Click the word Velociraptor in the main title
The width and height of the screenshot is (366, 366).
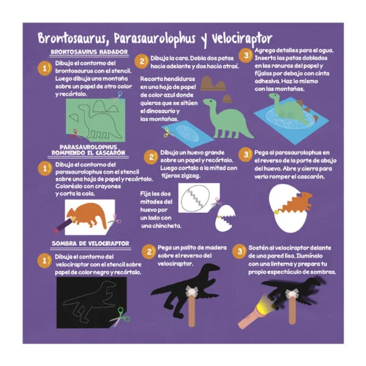[x=242, y=38]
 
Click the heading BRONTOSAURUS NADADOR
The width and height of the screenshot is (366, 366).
[x=89, y=52]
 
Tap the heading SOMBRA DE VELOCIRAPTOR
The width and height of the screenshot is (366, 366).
[x=90, y=243]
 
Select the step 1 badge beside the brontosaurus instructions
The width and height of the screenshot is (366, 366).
[x=45, y=68]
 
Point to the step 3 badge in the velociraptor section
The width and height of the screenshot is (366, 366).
[x=240, y=251]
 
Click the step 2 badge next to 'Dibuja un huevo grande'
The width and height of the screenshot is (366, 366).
[x=151, y=157]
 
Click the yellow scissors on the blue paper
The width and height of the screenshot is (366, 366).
[x=168, y=133]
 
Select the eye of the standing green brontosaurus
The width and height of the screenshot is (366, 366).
[x=211, y=101]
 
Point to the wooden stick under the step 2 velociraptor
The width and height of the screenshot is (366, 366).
[x=192, y=310]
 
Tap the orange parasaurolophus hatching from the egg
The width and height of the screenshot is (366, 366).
[x=296, y=203]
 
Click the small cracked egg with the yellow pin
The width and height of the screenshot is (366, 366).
[x=225, y=218]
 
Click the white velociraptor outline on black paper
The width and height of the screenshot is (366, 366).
[x=90, y=301]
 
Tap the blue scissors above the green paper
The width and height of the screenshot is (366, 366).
[x=118, y=97]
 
